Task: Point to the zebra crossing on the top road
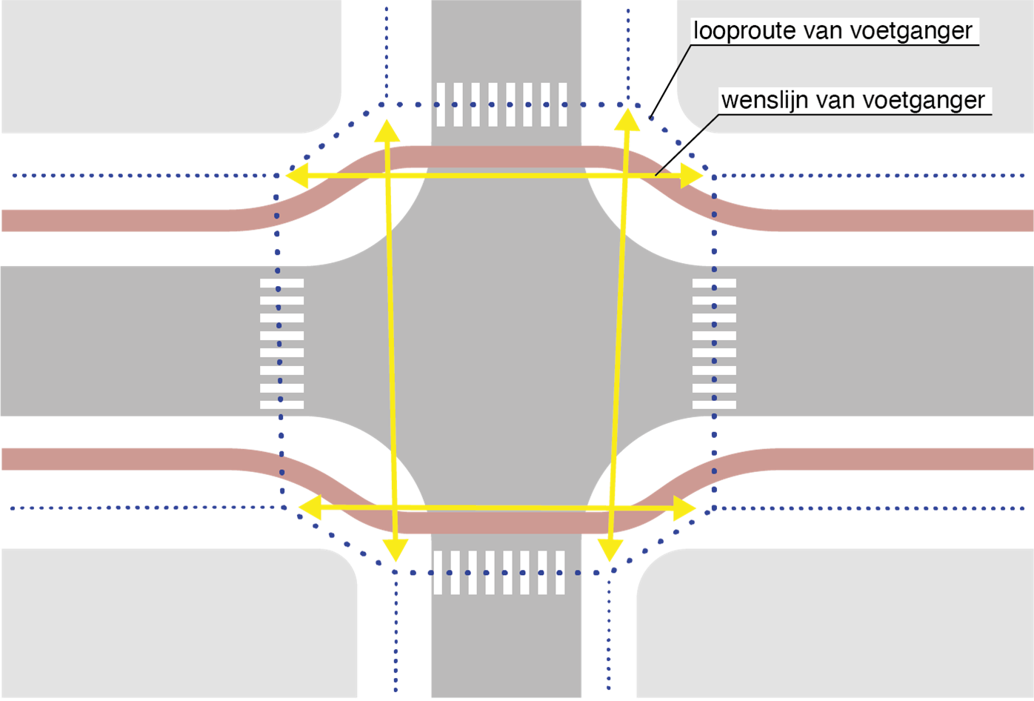point(501,104)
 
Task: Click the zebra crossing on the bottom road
point(499,573)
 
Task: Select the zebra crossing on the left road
point(282,344)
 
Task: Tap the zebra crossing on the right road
point(714,344)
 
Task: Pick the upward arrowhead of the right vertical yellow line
point(627,120)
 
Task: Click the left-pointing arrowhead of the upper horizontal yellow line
point(296,176)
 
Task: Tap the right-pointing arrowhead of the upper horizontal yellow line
point(692,176)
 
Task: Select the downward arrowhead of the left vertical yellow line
point(396,549)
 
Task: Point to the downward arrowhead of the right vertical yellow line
point(610,549)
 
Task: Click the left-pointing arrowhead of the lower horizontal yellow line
point(308,507)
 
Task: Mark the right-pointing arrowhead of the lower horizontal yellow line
point(685,508)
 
